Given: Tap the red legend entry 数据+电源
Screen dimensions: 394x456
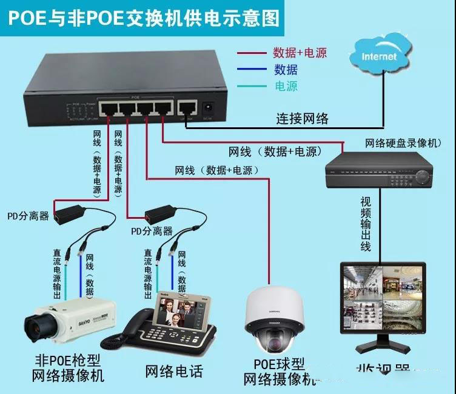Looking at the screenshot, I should (x=299, y=53).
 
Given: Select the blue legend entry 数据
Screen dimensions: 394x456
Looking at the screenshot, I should (x=286, y=69).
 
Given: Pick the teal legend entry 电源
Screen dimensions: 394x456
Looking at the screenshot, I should (x=286, y=86).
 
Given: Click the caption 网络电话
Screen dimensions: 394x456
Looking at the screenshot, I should (x=174, y=371).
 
